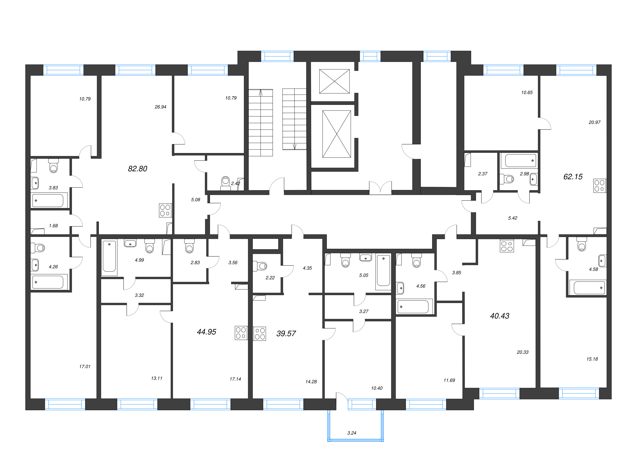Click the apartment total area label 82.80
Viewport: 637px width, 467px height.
pyautogui.click(x=138, y=169)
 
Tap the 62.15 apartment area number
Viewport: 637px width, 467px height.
pyautogui.click(x=573, y=177)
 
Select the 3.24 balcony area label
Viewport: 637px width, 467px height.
pyautogui.click(x=352, y=433)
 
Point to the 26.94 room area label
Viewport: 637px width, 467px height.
pyautogui.click(x=160, y=107)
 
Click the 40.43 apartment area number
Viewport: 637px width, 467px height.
pyautogui.click(x=499, y=316)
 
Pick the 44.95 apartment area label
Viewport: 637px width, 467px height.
pyautogui.click(x=206, y=332)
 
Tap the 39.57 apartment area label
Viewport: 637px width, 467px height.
pyautogui.click(x=286, y=333)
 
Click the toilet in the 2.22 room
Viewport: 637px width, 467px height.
pyautogui.click(x=260, y=266)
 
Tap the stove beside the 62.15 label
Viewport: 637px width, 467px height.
pyautogui.click(x=600, y=186)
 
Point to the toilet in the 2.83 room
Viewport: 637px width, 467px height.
pyautogui.click(x=189, y=246)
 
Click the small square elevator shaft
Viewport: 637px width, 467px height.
pyautogui.click(x=334, y=81)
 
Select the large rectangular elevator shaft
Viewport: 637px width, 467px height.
pyautogui.click(x=337, y=134)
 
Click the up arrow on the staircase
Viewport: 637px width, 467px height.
pyautogui.click(x=260, y=93)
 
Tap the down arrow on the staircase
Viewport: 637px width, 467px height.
pyautogui.click(x=295, y=146)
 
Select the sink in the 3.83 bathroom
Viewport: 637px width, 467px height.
pyautogui.click(x=35, y=183)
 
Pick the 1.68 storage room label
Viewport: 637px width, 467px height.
pyautogui.click(x=53, y=226)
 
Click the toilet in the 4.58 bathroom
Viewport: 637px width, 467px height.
pyautogui.click(x=581, y=244)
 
